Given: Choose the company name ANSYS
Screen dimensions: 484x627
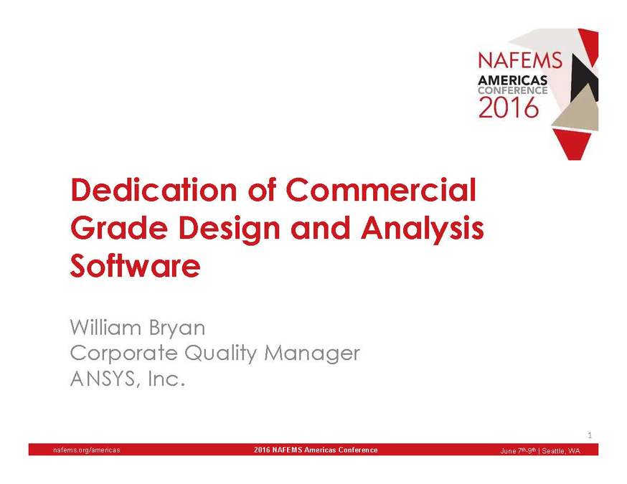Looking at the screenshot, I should (101, 379).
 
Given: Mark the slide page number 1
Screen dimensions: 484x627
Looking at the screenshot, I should (589, 435).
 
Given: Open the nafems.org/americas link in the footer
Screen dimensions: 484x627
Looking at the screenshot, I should (87, 450).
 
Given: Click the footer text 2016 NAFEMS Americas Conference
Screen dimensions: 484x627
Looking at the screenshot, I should (316, 450).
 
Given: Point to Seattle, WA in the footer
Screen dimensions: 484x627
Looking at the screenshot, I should (563, 450).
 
